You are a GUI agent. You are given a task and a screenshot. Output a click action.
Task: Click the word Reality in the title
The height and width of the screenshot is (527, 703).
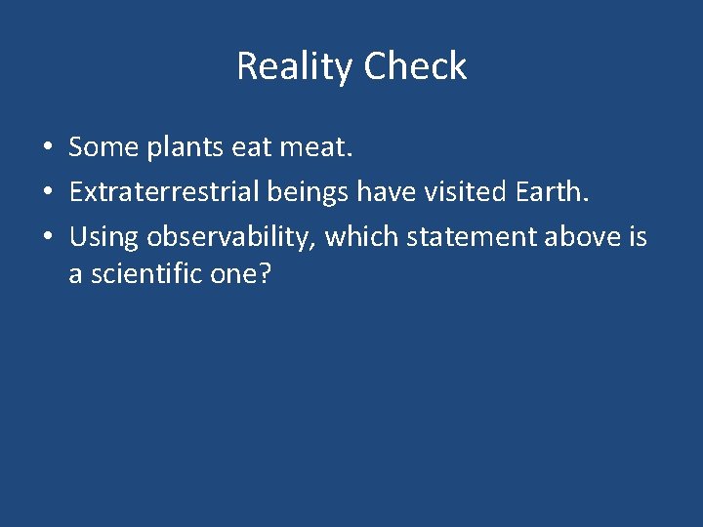pos(294,66)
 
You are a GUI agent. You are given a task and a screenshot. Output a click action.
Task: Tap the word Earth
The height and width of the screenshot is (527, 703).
pos(556,192)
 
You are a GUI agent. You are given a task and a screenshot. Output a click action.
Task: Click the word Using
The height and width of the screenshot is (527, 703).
pos(103,237)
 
